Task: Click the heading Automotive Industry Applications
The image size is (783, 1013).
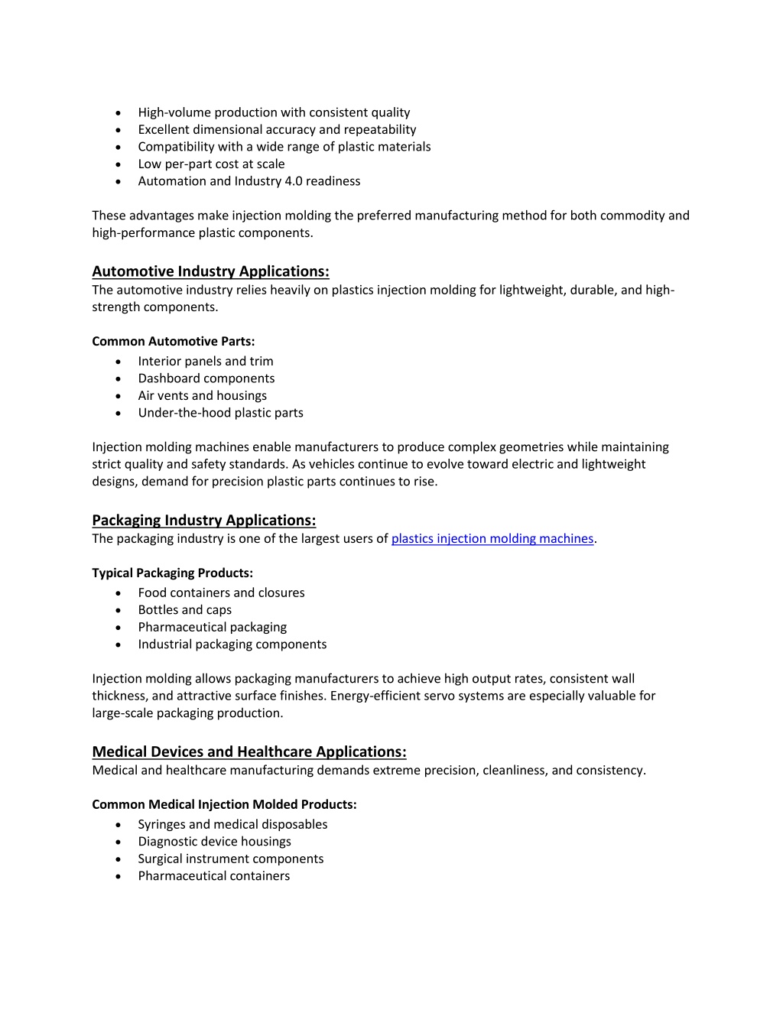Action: pyautogui.click(x=210, y=271)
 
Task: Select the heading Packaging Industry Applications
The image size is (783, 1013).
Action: pyautogui.click(x=203, y=521)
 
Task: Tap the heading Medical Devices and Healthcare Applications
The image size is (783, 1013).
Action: pyautogui.click(x=249, y=752)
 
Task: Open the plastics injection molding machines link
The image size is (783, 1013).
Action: pyautogui.click(x=492, y=539)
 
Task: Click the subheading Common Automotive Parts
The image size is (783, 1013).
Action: pyautogui.click(x=174, y=342)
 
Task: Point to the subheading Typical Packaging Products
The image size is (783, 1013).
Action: pyautogui.click(x=172, y=573)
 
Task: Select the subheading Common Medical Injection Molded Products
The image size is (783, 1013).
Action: pyautogui.click(x=224, y=805)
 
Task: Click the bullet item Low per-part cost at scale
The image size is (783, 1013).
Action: pyautogui.click(x=211, y=164)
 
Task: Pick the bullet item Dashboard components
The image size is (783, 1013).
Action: pyautogui.click(x=206, y=378)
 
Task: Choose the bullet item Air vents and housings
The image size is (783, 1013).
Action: pyautogui.click(x=202, y=396)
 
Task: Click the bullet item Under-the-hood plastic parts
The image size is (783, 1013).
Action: pyautogui.click(x=220, y=413)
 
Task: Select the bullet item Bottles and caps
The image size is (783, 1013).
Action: pyautogui.click(x=184, y=610)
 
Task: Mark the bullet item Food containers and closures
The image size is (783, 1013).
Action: pyautogui.click(x=221, y=593)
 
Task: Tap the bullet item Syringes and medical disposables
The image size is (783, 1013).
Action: pyautogui.click(x=232, y=825)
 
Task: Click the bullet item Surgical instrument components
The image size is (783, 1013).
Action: pyautogui.click(x=230, y=859)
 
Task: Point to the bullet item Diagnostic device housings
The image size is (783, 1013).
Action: pyautogui.click(x=214, y=842)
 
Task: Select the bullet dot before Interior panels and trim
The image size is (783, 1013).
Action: pyautogui.click(x=118, y=362)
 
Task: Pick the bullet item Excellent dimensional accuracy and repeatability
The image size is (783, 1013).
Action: pyautogui.click(x=277, y=130)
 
